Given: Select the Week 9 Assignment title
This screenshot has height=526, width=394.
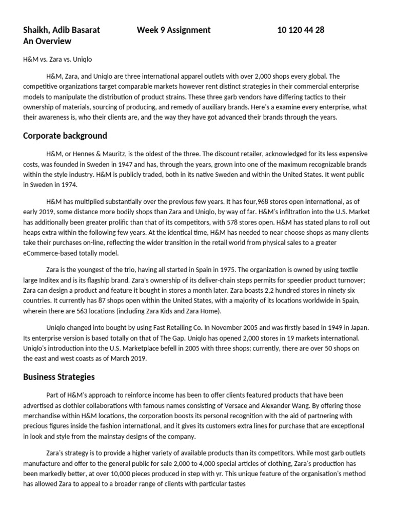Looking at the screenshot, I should click(x=173, y=30).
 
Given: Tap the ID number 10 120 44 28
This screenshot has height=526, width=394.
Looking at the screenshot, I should click(x=301, y=30).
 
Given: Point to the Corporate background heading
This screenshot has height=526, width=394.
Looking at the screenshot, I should click(x=65, y=136).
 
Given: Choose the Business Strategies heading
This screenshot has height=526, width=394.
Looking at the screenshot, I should click(x=59, y=377).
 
